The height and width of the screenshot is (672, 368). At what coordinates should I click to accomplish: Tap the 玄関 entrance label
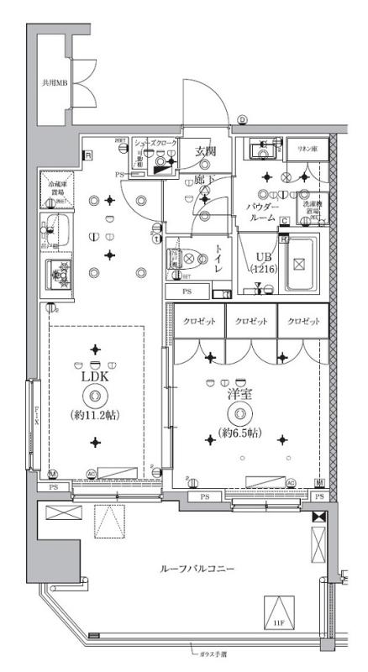[207, 151]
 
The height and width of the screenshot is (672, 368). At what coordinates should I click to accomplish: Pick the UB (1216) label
[264, 262]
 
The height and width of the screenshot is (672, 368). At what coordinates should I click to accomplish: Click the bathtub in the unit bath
[297, 263]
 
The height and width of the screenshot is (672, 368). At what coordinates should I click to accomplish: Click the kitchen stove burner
[60, 273]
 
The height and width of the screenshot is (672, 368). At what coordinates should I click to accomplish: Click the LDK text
[94, 378]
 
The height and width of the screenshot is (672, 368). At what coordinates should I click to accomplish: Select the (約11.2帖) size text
[94, 415]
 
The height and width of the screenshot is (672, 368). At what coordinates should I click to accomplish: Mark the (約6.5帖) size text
[240, 433]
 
